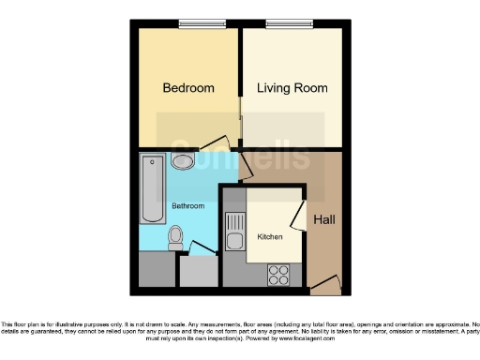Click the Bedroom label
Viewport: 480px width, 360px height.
[x=188, y=88]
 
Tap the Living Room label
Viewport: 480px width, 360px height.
[x=292, y=88]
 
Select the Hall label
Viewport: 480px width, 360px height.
[x=324, y=220]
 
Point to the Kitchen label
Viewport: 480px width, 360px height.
[x=270, y=236]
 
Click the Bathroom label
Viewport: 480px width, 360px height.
[x=187, y=204]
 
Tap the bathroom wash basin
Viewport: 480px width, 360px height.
[x=184, y=162]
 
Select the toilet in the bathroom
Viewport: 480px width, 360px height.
[x=174, y=240]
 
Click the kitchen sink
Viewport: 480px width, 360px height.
[x=233, y=231]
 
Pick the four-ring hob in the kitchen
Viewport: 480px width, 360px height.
[x=278, y=274]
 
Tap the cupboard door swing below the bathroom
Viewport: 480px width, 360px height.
[x=200, y=248]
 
